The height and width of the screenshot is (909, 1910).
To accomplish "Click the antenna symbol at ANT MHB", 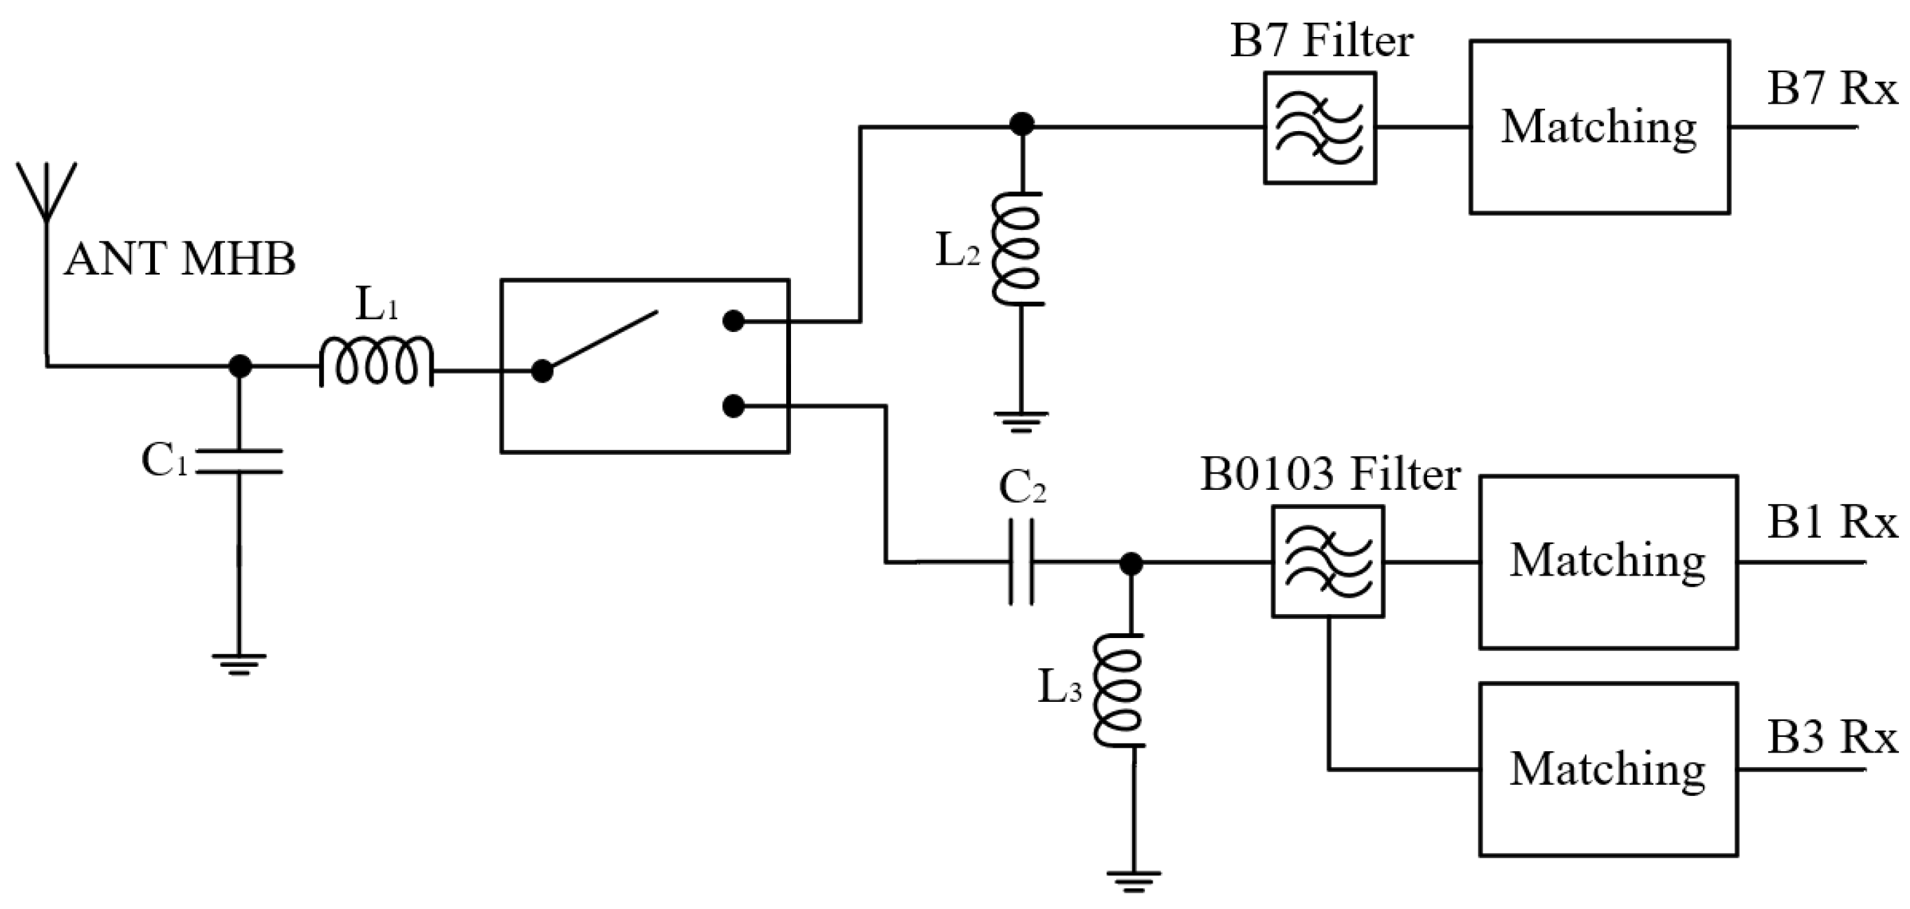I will [47, 190].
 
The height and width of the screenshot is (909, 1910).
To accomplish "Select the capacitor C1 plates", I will [239, 460].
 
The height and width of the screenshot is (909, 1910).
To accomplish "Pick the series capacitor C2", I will [1021, 563].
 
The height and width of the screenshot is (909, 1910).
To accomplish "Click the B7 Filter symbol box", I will [1320, 128].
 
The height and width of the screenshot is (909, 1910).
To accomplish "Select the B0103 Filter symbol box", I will [1328, 561].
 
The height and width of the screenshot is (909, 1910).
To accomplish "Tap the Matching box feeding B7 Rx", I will [1599, 127].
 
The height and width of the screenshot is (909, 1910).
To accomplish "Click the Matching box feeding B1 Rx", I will [1608, 561].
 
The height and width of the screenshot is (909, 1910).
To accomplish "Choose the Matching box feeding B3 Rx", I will [1608, 770].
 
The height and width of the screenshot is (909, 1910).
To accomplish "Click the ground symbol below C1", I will [239, 663].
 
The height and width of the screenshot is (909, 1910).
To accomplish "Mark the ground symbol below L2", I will [1021, 421].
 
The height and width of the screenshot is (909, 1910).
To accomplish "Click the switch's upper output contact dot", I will [733, 321].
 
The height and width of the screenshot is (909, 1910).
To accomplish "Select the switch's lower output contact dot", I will [733, 406].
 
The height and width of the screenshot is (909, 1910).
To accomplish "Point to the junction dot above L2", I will [1022, 125].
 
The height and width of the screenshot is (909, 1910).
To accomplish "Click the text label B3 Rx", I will [1831, 738].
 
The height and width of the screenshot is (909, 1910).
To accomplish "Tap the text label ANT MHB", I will [180, 259].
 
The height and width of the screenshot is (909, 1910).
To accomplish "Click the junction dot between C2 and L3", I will [1131, 563].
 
